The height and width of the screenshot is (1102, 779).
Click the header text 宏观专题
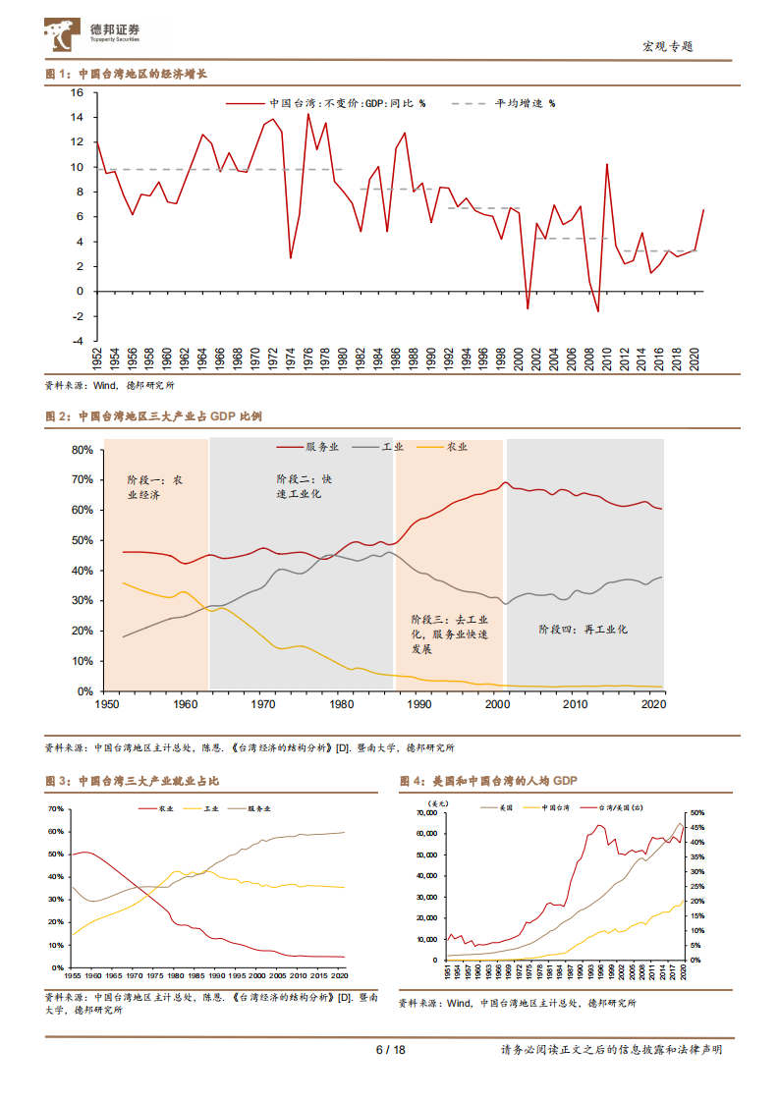pyautogui.click(x=668, y=46)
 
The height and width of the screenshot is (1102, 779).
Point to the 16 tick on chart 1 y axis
pyautogui.click(x=78, y=92)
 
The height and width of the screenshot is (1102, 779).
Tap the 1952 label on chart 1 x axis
pyautogui.click(x=97, y=358)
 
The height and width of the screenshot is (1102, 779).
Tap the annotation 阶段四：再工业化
pyautogui.click(x=583, y=629)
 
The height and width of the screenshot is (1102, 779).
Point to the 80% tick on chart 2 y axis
pyautogui.click(x=82, y=450)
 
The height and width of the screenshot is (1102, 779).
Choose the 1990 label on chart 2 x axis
pyautogui.click(x=420, y=704)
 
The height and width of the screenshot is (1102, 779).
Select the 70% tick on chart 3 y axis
pyautogui.click(x=55, y=808)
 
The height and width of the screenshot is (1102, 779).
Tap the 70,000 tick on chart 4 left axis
pyautogui.click(x=425, y=813)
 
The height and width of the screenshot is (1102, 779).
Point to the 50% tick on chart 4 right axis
pyautogui.click(x=694, y=813)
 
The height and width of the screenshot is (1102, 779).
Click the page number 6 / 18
pyautogui.click(x=390, y=1050)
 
